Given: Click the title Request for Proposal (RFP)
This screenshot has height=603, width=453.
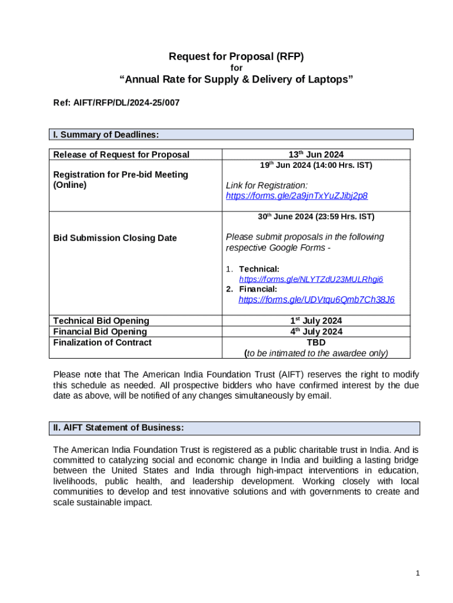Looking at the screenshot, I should [x=236, y=57].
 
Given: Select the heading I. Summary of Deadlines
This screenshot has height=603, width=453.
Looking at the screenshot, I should [x=106, y=135].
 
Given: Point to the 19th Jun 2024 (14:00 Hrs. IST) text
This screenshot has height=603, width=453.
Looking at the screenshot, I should [x=316, y=165].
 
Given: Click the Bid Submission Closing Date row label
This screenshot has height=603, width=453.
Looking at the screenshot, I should [x=115, y=238].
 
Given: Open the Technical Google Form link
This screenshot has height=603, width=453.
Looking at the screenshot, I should [x=315, y=279].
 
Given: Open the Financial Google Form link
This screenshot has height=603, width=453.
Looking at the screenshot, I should [x=317, y=300].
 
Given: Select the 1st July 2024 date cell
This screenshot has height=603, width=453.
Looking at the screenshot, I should [x=316, y=320].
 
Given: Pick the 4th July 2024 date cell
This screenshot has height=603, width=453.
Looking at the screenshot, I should [x=316, y=332].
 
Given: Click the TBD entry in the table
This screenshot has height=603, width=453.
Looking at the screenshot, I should [x=316, y=342].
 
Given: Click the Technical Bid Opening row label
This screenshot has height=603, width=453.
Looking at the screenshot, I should [x=101, y=320].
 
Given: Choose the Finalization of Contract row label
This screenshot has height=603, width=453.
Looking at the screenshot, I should [x=102, y=342].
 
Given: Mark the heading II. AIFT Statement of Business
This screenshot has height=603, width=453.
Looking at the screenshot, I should [x=118, y=428].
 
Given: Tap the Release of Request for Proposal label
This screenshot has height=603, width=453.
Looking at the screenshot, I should [x=121, y=154].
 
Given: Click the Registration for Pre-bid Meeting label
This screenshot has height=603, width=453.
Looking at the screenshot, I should [x=121, y=180].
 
